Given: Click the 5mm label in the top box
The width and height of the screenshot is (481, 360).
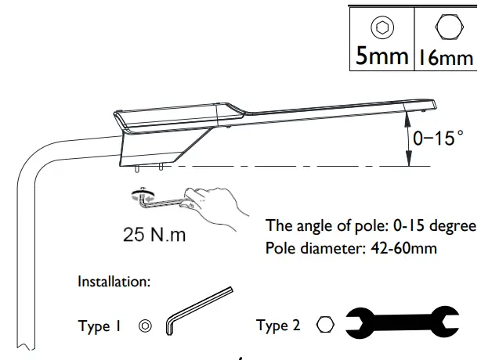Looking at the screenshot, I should (382, 56).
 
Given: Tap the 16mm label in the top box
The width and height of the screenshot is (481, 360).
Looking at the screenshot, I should (445, 56).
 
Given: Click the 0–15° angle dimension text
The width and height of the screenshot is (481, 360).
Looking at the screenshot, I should (433, 139).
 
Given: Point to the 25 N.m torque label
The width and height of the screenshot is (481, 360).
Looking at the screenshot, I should (155, 234).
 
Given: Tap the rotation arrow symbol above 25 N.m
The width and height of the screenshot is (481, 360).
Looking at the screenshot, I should (143, 196).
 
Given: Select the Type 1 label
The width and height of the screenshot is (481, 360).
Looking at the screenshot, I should (104, 326).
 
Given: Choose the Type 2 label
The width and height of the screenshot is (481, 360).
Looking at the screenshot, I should (278, 326).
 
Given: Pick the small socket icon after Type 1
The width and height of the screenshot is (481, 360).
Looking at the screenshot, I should (144, 326).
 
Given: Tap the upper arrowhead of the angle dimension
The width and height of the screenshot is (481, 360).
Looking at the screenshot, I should (408, 117).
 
